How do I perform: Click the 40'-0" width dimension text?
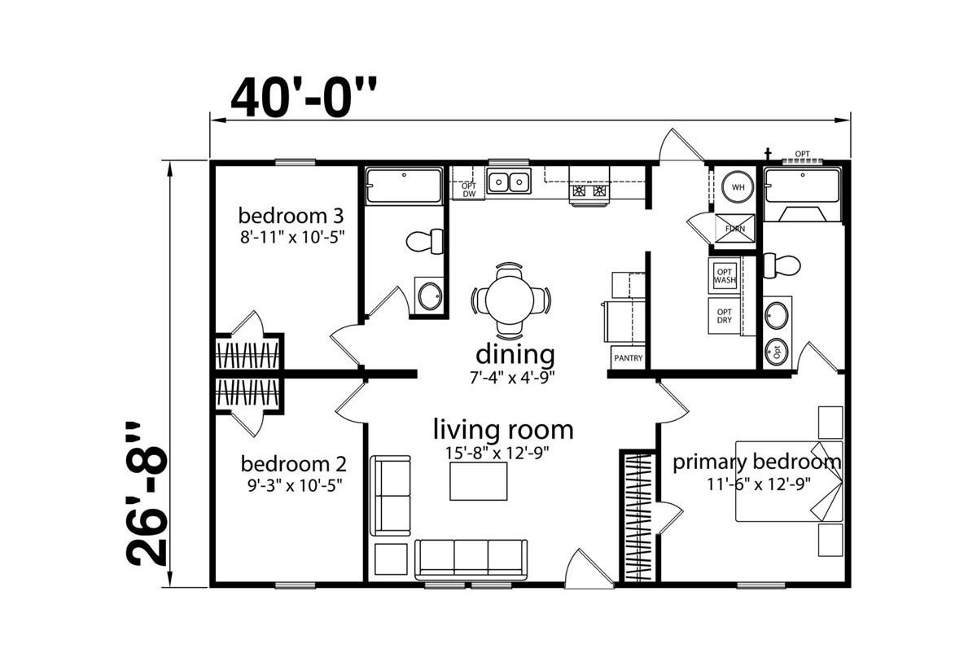(304, 98)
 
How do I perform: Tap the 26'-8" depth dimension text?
(146, 493)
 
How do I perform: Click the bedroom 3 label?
(291, 216)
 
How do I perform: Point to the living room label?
(503, 430)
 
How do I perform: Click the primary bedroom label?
(756, 462)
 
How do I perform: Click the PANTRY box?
(628, 357)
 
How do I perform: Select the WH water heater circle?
(738, 187)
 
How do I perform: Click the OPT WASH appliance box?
(725, 276)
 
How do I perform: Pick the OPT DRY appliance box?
(725, 316)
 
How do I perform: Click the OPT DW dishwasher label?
(469, 191)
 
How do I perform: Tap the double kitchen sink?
(509, 181)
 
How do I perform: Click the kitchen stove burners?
(589, 191)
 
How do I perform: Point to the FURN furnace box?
(735, 228)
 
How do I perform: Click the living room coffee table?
(479, 481)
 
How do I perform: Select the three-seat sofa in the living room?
(471, 559)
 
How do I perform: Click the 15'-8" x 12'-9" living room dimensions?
(497, 453)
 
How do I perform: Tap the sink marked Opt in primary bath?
(777, 352)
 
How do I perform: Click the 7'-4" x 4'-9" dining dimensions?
(511, 378)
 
